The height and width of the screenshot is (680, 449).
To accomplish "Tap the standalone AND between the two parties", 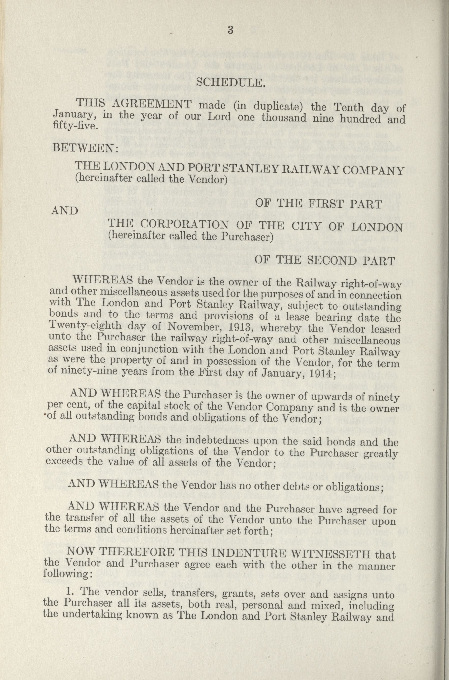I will [64, 211].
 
